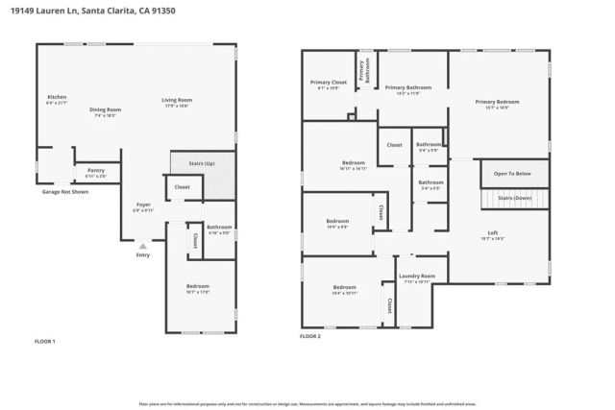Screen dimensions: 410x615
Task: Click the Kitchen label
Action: [58, 97]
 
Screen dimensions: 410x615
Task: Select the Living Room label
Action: [177, 101]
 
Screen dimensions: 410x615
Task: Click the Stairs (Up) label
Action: [203, 164]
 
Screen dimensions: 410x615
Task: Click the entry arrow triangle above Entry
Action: [143, 246]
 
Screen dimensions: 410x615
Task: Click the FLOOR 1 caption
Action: [45, 341]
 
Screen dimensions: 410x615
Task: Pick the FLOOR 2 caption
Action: [309, 337]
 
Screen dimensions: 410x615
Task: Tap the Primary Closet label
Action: [328, 83]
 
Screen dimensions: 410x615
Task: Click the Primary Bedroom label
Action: [497, 101]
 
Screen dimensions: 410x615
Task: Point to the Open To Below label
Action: [513, 174]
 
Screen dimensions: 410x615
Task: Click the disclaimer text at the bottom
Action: [307, 404]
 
